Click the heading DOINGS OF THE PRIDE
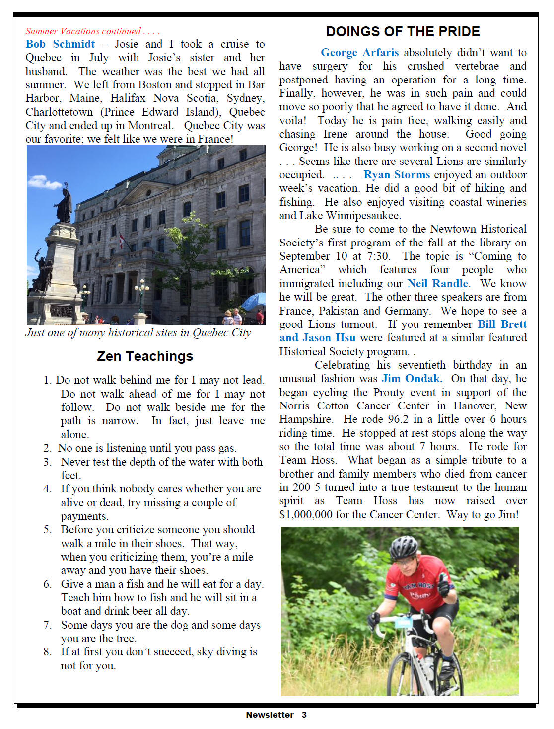click(403, 32)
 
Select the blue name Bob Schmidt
click(60, 44)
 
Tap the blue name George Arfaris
click(359, 53)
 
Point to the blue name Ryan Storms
click(397, 175)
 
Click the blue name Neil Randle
click(437, 284)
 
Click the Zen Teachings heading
click(145, 356)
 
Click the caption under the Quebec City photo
click(138, 333)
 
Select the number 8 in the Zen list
click(47, 652)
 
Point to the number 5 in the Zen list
click(47, 530)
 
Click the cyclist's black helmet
click(404, 547)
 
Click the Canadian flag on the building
click(122, 241)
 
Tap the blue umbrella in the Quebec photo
click(254, 301)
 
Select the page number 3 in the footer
click(304, 715)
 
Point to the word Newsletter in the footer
click(270, 715)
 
